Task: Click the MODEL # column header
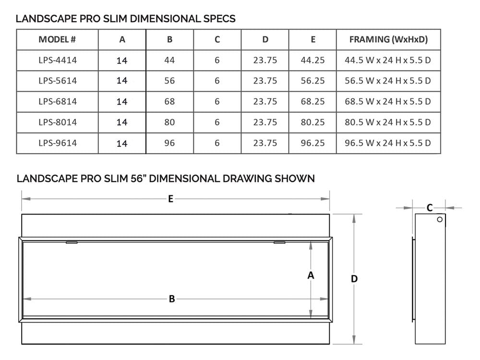tap(57, 39)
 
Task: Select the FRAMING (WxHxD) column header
tap(388, 39)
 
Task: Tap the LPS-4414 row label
tap(57, 60)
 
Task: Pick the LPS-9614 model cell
tap(57, 143)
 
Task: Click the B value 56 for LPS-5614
tap(169, 81)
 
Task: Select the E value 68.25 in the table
tap(312, 101)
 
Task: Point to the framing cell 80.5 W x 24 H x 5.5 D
tap(388, 122)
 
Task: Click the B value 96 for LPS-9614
tap(169, 143)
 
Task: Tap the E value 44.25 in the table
tap(312, 60)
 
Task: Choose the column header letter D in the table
tap(265, 39)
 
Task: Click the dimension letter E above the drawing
tap(170, 199)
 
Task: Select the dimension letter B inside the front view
tap(171, 299)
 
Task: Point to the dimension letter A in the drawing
tap(311, 276)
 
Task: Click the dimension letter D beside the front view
tap(354, 279)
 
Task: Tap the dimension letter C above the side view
tap(430, 207)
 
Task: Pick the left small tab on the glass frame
tap(72, 242)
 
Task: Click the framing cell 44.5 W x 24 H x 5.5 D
tap(388, 60)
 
